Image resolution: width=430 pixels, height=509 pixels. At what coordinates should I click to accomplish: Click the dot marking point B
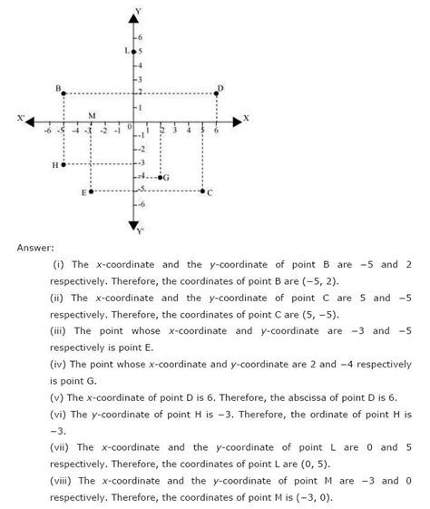point(64,93)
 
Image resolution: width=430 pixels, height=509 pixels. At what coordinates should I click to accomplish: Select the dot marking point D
point(217,93)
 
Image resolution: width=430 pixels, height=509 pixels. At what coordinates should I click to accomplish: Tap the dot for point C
point(202,191)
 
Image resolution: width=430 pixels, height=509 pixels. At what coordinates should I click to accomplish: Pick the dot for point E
point(91,191)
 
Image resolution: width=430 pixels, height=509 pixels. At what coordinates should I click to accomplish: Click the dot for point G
point(161,178)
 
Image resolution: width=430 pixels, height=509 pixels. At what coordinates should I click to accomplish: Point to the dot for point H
point(64,164)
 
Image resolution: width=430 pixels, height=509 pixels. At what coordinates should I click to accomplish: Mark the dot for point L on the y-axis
point(133,52)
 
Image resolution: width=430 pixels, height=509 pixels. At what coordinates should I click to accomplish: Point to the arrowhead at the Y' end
point(133,225)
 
